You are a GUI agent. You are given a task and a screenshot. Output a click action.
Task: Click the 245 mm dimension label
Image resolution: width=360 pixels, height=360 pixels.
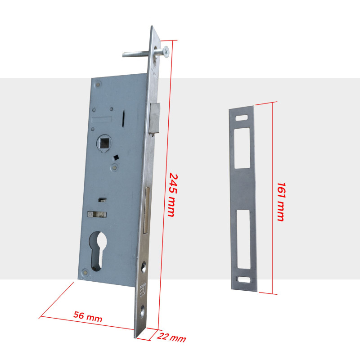pos(173,195)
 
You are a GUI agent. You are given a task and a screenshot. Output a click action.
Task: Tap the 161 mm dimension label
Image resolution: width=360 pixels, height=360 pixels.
pos(281,202)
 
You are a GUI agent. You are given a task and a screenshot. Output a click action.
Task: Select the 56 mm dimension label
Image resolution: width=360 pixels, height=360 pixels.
pos(88,317)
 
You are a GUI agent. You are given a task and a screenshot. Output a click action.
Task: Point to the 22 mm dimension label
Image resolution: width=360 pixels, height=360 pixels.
pos(171,337)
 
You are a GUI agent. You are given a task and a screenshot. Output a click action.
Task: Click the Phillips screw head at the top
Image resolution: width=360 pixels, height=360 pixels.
pos(166,51)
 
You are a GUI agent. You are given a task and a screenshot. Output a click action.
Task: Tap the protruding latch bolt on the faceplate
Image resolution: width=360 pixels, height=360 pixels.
pos(154,118)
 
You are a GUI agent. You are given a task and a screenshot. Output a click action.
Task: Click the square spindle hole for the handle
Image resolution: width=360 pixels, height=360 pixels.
pos(104,143)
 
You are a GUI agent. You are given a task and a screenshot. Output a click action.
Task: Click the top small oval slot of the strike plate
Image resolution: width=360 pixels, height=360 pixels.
pos(242,117)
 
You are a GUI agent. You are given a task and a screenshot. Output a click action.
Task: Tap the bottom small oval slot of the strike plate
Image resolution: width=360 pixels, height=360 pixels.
pos(244,279)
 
